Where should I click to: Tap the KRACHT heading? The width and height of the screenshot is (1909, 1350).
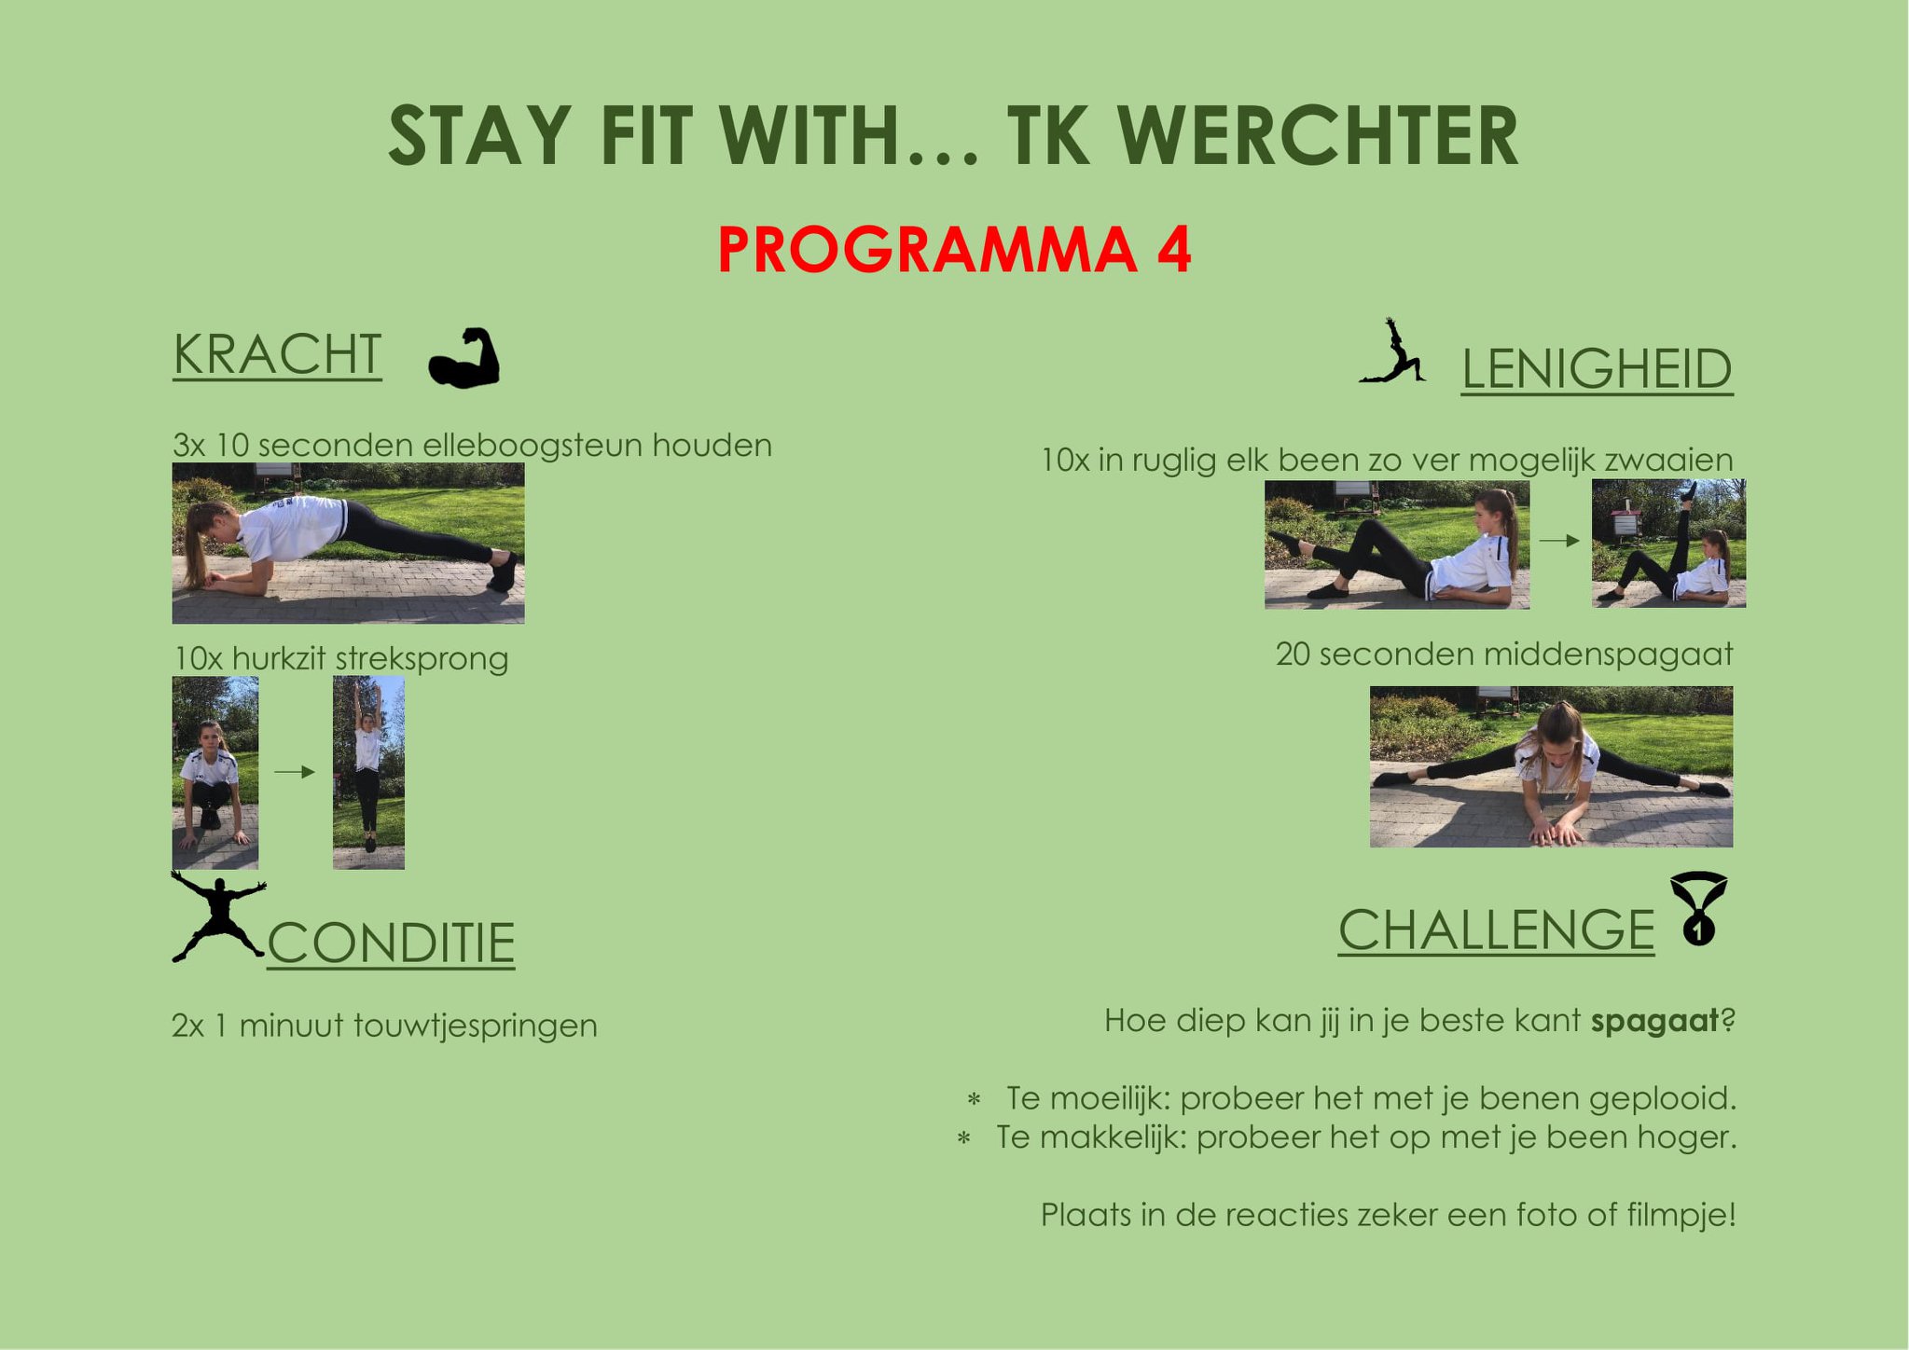277,355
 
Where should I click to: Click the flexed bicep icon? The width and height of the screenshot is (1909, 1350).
463,357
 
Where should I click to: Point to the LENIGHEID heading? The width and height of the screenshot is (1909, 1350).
1597,369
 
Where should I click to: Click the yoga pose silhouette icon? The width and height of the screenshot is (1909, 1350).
1392,351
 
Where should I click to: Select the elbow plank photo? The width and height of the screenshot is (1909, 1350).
348,544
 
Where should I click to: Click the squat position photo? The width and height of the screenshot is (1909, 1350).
215,773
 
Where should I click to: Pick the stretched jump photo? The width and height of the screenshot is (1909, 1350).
368,773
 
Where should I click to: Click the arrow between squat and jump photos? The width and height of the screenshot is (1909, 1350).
296,772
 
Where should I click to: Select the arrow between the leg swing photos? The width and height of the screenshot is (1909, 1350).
1559,540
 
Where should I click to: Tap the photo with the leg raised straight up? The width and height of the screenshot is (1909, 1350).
1668,544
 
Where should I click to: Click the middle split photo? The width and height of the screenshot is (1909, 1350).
1551,766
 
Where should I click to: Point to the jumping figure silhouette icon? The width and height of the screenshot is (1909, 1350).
218,916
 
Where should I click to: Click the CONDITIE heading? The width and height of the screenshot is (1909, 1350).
391,943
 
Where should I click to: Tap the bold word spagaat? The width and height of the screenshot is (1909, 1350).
1654,1022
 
